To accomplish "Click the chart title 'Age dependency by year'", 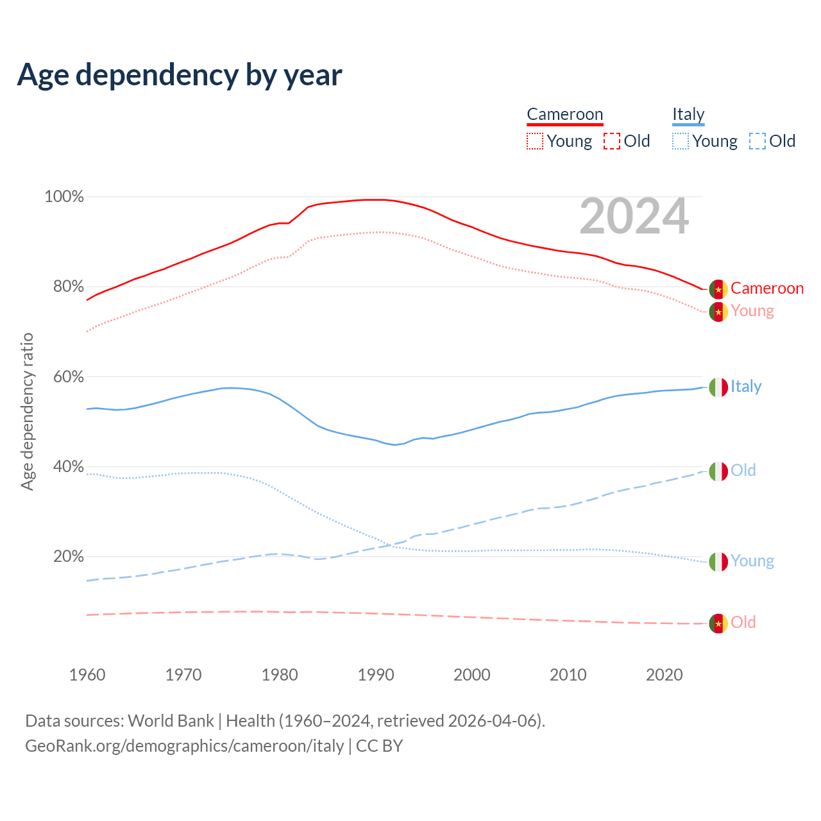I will tap(180, 75).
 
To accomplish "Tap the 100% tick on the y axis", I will tap(64, 197).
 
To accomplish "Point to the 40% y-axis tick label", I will tap(69, 467).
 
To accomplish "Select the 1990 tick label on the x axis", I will tap(376, 675).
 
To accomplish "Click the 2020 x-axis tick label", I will tap(664, 675).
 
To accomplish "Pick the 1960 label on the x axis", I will tap(87, 675).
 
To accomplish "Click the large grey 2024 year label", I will tap(634, 217).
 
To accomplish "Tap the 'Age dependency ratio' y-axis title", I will tap(27, 411).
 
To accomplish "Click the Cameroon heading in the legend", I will tap(565, 115).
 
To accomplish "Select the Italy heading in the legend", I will tap(688, 115).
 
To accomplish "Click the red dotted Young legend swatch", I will tap(535, 141).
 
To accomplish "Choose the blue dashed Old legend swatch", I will tap(758, 141).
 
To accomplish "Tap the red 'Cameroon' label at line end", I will tap(767, 289).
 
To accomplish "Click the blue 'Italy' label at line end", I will tap(746, 387).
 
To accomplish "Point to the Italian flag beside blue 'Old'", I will tap(718, 471).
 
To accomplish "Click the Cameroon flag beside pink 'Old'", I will tap(718, 623).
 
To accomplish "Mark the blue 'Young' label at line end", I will tap(752, 561).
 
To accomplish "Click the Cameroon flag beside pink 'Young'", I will tap(718, 312).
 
